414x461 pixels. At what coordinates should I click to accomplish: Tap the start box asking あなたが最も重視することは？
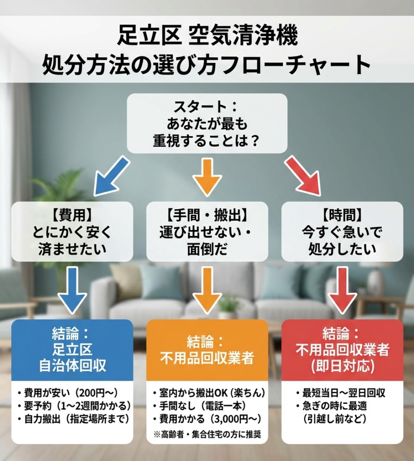click(207, 124)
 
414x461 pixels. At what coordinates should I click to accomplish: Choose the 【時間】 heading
click(342, 214)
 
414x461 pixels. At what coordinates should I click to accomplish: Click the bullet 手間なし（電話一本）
click(199, 406)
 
